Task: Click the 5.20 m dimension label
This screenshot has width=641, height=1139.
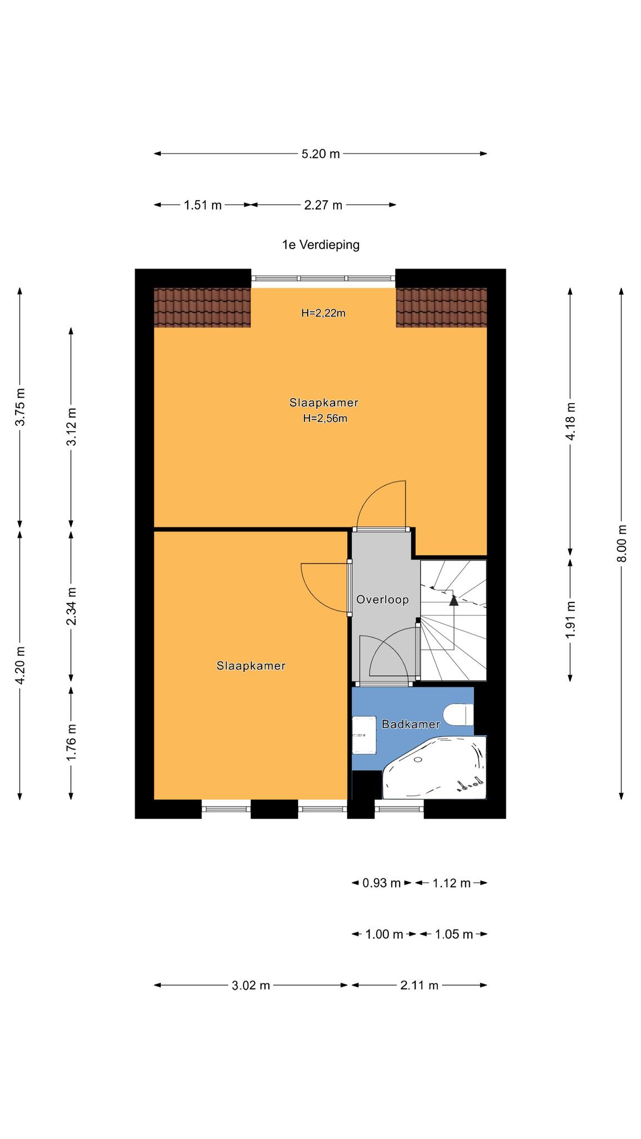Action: pyautogui.click(x=320, y=154)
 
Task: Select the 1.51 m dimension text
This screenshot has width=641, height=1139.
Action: pyautogui.click(x=203, y=205)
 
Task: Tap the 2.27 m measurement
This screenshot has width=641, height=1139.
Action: pyautogui.click(x=323, y=205)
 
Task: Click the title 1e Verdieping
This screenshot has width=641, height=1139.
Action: pyautogui.click(x=320, y=245)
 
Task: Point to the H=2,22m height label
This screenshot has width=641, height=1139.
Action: pyautogui.click(x=323, y=313)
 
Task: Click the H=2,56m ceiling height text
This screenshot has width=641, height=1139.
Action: pyautogui.click(x=325, y=419)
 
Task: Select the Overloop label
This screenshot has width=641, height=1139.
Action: pyautogui.click(x=383, y=600)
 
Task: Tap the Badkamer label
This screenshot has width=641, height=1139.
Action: pyautogui.click(x=411, y=724)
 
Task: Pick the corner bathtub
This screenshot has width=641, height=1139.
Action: pyautogui.click(x=435, y=767)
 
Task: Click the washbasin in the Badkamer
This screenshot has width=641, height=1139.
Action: pyautogui.click(x=364, y=735)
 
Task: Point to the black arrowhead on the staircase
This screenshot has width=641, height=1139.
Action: pyautogui.click(x=454, y=600)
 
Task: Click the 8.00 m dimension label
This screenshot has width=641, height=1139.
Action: pyautogui.click(x=622, y=543)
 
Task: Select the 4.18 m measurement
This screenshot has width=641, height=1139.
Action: pyautogui.click(x=570, y=422)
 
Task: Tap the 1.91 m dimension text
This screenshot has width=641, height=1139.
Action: pyautogui.click(x=570, y=620)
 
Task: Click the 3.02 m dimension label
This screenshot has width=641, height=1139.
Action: pyautogui.click(x=251, y=986)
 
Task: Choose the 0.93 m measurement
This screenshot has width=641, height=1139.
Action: pyautogui.click(x=382, y=883)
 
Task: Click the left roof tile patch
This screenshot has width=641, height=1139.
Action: pyautogui.click(x=203, y=308)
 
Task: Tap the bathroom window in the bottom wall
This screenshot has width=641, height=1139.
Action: pyautogui.click(x=399, y=809)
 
